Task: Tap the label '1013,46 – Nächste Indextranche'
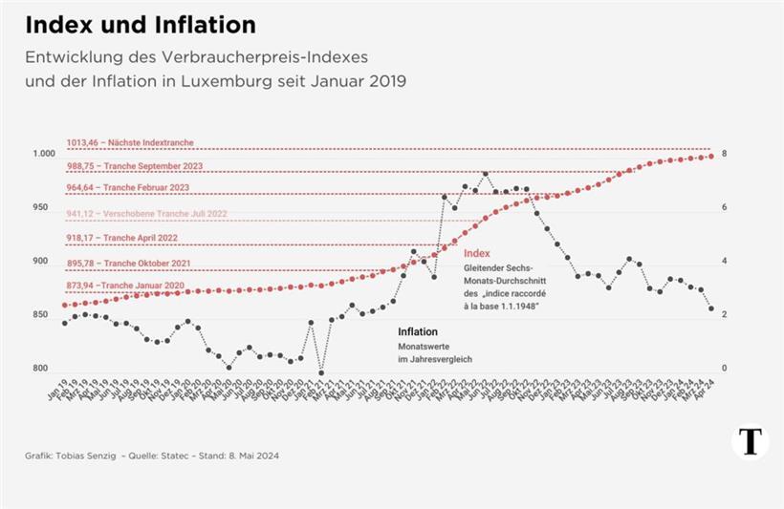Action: click(129, 142)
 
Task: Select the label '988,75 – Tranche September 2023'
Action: click(134, 166)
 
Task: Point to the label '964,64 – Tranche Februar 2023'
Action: click(127, 188)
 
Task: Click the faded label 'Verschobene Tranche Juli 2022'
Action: click(134, 214)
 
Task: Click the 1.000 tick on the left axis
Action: click(45, 154)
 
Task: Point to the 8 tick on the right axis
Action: click(725, 154)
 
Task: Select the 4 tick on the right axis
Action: click(725, 261)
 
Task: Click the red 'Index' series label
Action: click(476, 254)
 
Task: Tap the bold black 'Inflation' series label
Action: click(418, 331)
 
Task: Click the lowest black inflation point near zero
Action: click(321, 373)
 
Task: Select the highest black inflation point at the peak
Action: click(486, 174)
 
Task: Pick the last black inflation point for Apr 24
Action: click(711, 308)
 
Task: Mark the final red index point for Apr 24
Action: click(711, 156)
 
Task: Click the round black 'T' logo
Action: click(751, 442)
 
